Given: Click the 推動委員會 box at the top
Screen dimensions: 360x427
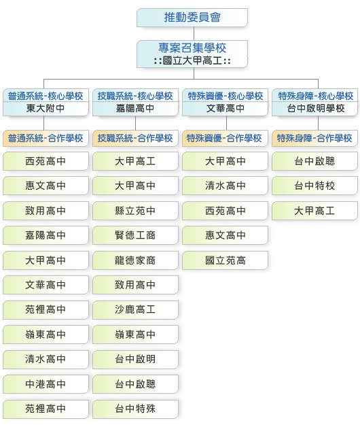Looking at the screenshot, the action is pyautogui.click(x=192, y=18).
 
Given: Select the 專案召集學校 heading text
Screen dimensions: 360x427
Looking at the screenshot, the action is pyautogui.click(x=192, y=48).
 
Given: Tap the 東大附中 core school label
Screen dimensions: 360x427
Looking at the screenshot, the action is pyautogui.click(x=46, y=108).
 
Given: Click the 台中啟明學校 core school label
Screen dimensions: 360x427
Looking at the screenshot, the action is pyautogui.click(x=316, y=108).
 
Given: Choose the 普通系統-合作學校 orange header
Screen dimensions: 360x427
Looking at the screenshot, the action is pyautogui.click(x=46, y=138).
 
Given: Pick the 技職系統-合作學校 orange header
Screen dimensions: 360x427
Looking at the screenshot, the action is pyautogui.click(x=135, y=138).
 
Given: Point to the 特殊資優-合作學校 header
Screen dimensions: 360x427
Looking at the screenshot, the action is pyautogui.click(x=225, y=138).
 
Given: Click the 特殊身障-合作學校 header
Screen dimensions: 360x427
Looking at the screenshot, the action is pyautogui.click(x=314, y=138).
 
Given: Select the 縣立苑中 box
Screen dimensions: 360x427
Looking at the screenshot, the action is pyautogui.click(x=135, y=211).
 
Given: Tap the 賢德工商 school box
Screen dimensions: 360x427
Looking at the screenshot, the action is pyautogui.click(x=135, y=235).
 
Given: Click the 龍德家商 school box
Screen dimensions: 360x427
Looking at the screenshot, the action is pyautogui.click(x=135, y=260).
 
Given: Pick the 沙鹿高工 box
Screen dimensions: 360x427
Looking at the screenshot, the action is pyautogui.click(x=135, y=310).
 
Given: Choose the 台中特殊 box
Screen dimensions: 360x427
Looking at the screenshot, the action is pyautogui.click(x=135, y=409).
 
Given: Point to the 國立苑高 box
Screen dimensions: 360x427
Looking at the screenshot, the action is pyautogui.click(x=225, y=260).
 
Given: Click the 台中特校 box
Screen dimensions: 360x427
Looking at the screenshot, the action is pyautogui.click(x=314, y=186).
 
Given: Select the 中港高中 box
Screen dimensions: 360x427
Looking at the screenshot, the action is pyautogui.click(x=46, y=384).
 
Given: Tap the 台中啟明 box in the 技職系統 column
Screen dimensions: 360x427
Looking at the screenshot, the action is pyautogui.click(x=135, y=360).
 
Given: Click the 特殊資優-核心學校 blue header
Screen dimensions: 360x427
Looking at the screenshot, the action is pyautogui.click(x=226, y=96).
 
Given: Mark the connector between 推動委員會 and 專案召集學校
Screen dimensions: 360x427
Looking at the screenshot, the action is pyautogui.click(x=194, y=34).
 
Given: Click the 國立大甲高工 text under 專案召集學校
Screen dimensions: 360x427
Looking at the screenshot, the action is pyautogui.click(x=192, y=61).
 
